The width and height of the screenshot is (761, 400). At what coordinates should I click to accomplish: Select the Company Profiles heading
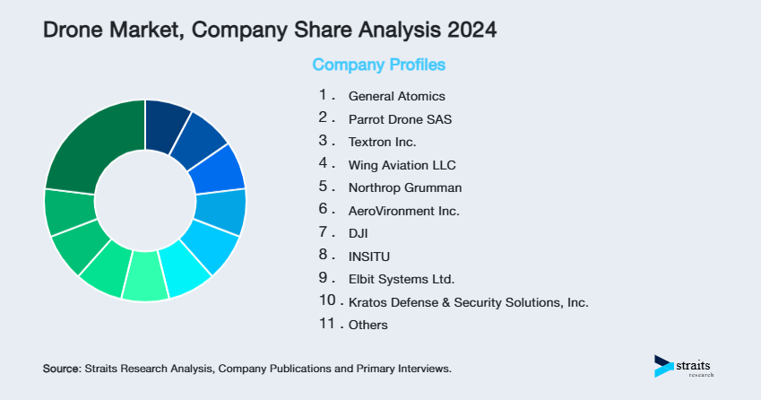[x=378, y=65]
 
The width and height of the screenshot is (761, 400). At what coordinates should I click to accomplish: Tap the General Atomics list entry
[x=396, y=96]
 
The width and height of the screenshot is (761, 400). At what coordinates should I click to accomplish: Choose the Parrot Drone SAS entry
[x=400, y=118]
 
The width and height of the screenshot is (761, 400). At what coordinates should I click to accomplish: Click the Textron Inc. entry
[x=382, y=142]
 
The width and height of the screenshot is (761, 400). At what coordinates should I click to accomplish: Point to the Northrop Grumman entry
[x=403, y=187]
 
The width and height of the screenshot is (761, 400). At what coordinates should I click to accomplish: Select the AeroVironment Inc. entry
[x=403, y=211]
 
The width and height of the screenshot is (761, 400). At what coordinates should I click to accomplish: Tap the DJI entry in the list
[x=359, y=233]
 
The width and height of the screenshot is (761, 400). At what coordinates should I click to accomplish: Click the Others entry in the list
[x=368, y=325]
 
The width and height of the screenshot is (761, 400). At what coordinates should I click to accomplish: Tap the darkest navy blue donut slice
[x=165, y=120]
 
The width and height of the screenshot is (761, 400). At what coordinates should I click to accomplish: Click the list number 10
[x=327, y=301]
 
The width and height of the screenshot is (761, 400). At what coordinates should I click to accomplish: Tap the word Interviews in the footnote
[x=422, y=369]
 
